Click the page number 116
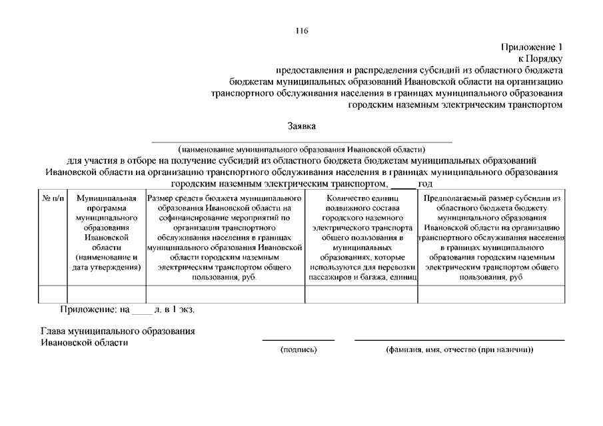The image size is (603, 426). pos(301,31)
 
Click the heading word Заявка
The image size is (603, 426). pos(301,125)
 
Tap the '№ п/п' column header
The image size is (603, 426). pos(53,198)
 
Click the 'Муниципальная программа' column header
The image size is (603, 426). pos(107,232)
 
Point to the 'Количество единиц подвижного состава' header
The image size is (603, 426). pos(361,237)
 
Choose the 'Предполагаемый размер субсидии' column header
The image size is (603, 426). pos(491,237)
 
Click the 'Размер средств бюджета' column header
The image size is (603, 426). pos(225,237)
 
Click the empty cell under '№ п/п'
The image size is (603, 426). pos(53,294)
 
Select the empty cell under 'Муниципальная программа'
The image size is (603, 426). pos(107,294)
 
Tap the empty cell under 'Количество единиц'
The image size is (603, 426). pos(361,294)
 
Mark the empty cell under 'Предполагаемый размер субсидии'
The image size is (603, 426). pos(491,294)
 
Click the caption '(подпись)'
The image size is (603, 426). pos(299,349)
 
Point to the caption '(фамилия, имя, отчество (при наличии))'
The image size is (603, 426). pos(459,349)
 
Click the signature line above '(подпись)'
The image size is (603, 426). pos(298,340)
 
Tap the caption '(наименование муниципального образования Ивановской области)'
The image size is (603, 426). pos(301,149)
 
